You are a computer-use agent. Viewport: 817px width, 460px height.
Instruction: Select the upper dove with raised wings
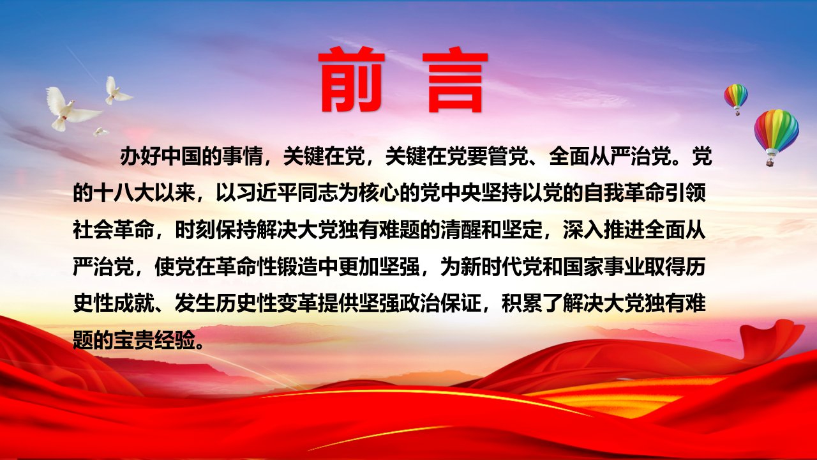116,91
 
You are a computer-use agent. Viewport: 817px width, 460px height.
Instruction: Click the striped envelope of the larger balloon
776,130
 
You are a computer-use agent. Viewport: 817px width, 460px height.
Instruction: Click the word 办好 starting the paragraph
140,157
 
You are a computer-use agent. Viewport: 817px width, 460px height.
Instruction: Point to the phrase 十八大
124,194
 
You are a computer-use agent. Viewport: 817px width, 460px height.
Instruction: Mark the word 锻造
297,267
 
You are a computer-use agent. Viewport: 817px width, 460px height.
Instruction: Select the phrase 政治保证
440,303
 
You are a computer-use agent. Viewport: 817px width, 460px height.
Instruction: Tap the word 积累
522,303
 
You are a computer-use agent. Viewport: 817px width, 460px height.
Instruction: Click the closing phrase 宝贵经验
154,341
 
